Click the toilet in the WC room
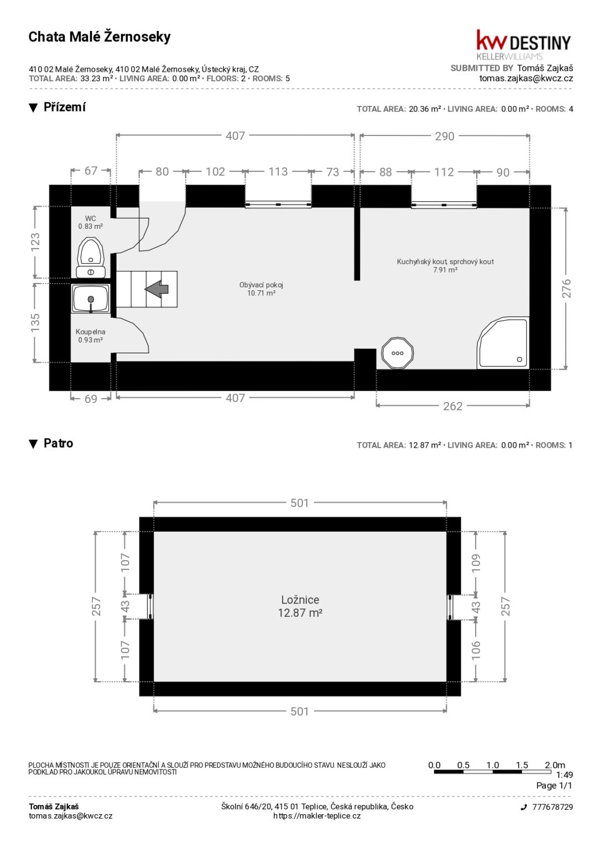(91, 258)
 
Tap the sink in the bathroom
(91, 298)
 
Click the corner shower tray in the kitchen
(503, 343)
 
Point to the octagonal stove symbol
(398, 353)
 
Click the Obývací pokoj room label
(261, 289)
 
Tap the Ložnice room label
(300, 606)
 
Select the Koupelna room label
(90, 336)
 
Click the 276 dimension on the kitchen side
(566, 288)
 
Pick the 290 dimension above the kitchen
(445, 136)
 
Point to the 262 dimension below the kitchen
(453, 406)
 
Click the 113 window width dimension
(278, 172)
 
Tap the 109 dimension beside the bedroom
(476, 563)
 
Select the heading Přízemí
(65, 107)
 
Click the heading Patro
(59, 443)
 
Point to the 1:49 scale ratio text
(564, 775)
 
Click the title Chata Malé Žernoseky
(100, 37)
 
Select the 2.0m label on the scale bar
(555, 765)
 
